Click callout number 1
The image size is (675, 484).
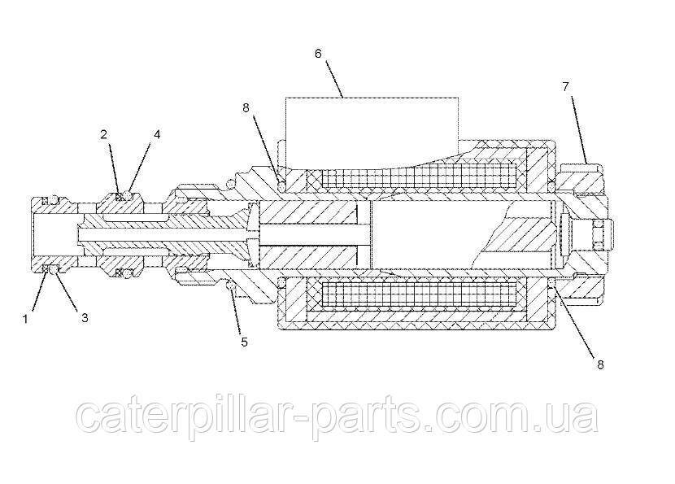[25, 319]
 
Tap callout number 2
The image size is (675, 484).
[104, 134]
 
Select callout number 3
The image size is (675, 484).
[85, 318]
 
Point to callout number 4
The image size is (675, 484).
[157, 134]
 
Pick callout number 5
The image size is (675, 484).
[244, 342]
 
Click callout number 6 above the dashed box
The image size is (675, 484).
[318, 54]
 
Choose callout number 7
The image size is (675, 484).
[566, 86]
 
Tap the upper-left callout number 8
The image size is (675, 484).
[246, 108]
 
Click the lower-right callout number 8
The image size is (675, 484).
[600, 364]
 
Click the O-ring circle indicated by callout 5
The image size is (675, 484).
[231, 286]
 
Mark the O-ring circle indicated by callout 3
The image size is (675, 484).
[53, 270]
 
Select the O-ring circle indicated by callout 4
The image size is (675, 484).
[127, 196]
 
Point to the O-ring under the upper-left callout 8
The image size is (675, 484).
[282, 186]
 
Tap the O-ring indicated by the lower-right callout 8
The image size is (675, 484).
[551, 282]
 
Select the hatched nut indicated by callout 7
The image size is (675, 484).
[583, 177]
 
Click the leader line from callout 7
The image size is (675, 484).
[579, 129]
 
